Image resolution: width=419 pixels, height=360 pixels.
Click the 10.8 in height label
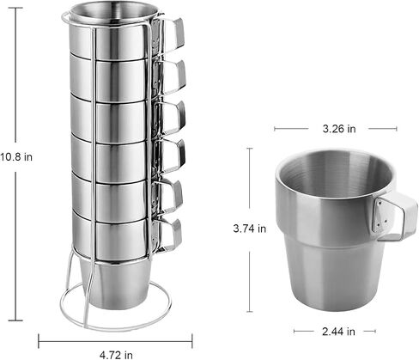click(16, 157)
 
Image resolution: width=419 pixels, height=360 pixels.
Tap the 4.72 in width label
click(116, 355)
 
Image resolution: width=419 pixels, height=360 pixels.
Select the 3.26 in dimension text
click(339, 129)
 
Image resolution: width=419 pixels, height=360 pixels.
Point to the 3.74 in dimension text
click(250, 229)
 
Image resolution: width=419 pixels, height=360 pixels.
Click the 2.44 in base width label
click(338, 332)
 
